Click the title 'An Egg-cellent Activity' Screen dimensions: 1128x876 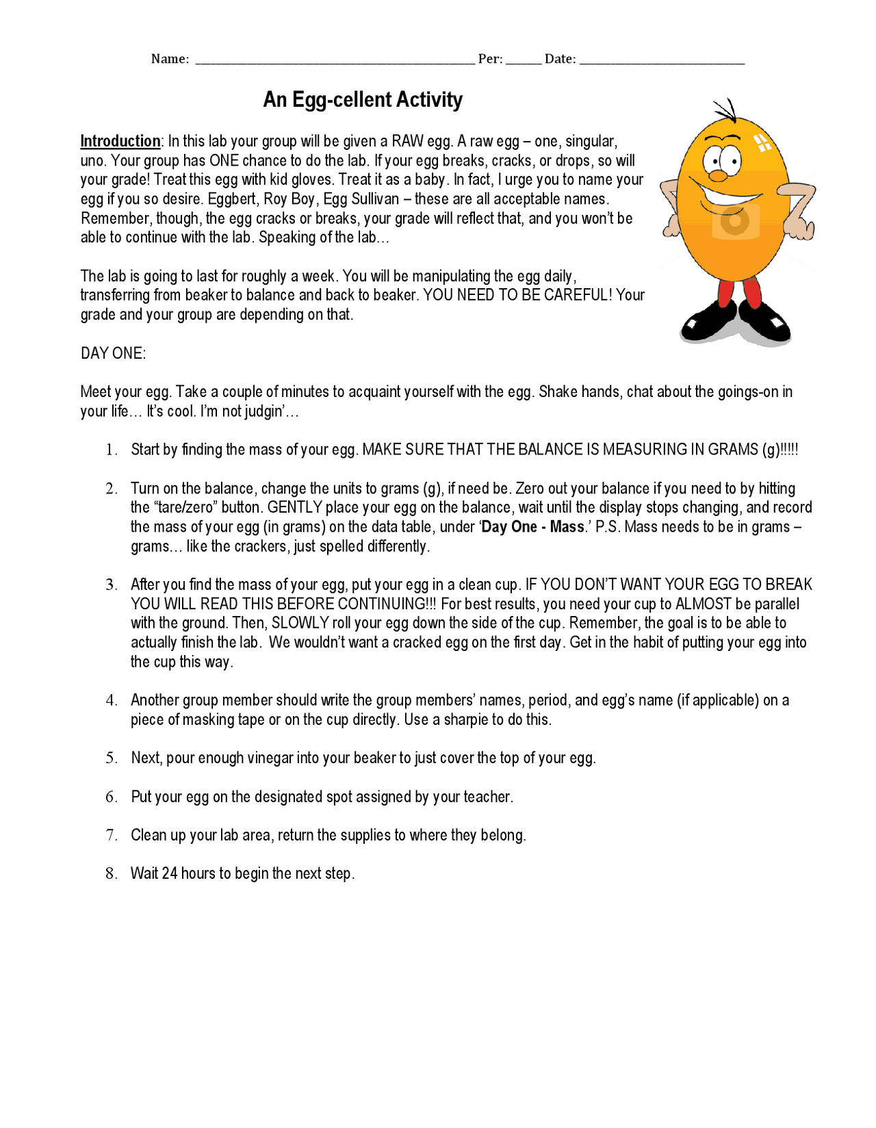pyautogui.click(x=363, y=100)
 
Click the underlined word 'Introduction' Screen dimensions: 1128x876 pyautogui.click(x=120, y=141)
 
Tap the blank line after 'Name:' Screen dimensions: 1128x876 pyautogui.click(x=335, y=60)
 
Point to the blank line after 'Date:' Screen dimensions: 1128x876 pyautogui.click(x=662, y=60)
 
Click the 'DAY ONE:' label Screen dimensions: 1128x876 pyautogui.click(x=113, y=353)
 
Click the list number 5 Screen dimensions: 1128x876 pyautogui.click(x=112, y=758)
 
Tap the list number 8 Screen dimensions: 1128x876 pyautogui.click(x=112, y=873)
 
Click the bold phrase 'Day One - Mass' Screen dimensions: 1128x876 pyautogui.click(x=533, y=527)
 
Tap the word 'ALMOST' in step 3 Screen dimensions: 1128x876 pyautogui.click(x=703, y=604)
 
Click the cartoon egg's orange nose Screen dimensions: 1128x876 pyautogui.click(x=717, y=176)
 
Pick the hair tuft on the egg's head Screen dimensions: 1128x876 pyautogui.click(x=727, y=110)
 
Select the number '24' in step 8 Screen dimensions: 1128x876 pyautogui.click(x=170, y=873)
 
